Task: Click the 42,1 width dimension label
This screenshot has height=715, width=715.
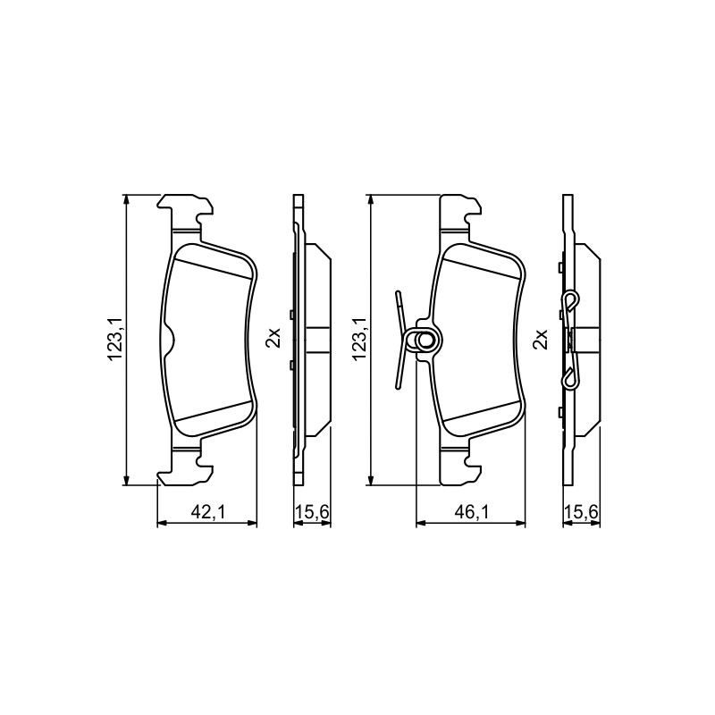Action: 208,512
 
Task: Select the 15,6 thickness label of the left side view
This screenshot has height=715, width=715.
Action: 312,512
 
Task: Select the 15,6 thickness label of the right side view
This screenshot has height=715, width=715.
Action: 582,512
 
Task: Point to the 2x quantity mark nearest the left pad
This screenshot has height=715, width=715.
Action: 274,338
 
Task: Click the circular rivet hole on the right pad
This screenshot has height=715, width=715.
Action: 425,340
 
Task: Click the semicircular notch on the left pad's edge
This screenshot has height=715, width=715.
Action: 169,340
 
